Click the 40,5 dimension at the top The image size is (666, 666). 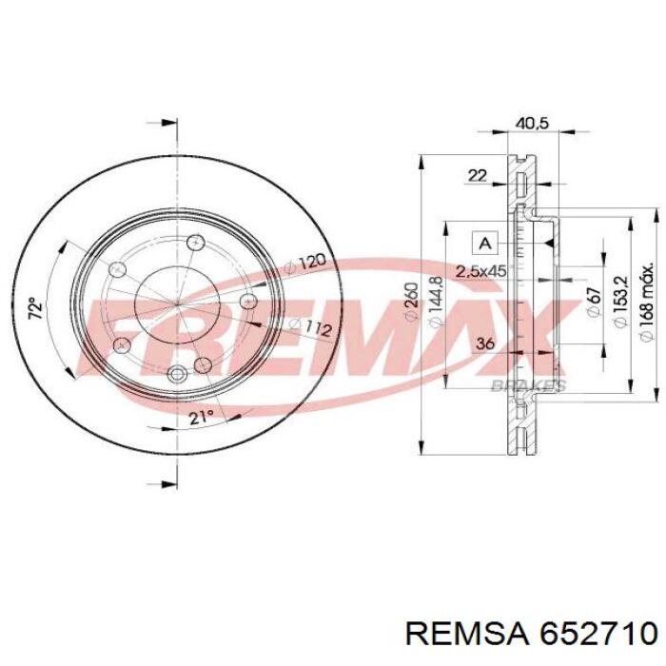pyautogui.click(x=532, y=123)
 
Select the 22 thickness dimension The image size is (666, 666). pyautogui.click(x=477, y=175)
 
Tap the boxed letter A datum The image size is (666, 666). pyautogui.click(x=484, y=244)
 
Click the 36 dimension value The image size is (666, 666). pyautogui.click(x=485, y=343)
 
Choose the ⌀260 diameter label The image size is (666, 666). pyautogui.click(x=412, y=302)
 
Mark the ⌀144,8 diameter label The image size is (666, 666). pyautogui.click(x=436, y=302)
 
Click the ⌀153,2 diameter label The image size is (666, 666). pyautogui.click(x=620, y=302)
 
